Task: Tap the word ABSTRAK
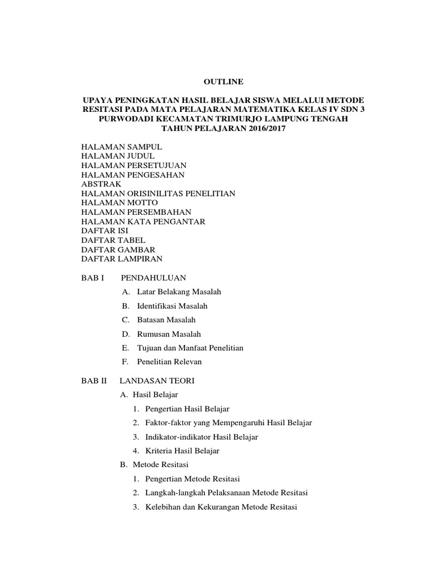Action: pyautogui.click(x=101, y=184)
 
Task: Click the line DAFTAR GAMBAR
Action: pyautogui.click(x=118, y=250)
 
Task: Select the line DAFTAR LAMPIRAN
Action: pyautogui.click(x=122, y=259)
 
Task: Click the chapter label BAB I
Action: pyautogui.click(x=93, y=277)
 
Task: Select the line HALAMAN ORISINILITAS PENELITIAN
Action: pyautogui.click(x=158, y=193)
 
